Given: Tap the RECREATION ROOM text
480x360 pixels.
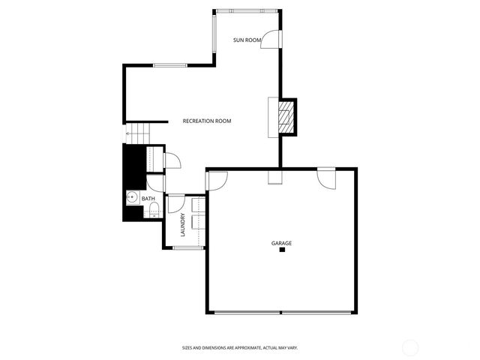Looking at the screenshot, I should click(207, 121).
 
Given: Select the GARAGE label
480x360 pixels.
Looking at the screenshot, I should click(281, 243).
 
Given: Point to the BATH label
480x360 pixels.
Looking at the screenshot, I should click(148, 199).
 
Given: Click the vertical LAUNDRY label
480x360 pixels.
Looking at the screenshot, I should click(182, 226).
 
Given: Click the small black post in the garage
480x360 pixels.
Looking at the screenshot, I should click(282, 250).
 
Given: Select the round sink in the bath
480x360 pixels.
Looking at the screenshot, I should click(131, 199).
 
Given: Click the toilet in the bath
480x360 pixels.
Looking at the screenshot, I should click(152, 211).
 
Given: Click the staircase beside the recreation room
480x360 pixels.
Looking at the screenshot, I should click(138, 134).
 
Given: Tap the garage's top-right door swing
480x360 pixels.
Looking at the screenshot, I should click(326, 178).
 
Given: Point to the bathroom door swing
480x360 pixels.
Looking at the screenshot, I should click(155, 183).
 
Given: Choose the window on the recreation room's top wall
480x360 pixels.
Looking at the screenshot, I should click(169, 65).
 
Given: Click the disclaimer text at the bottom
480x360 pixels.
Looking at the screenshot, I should click(240, 347).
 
